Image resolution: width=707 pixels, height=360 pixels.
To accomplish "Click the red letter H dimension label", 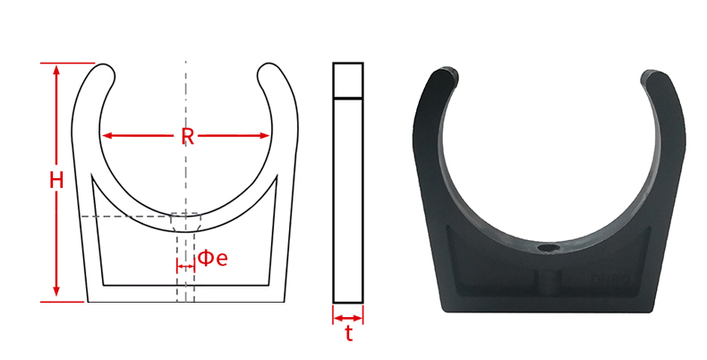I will pyautogui.click(x=56, y=180).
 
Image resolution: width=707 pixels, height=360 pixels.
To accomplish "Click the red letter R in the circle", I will pyautogui.click(x=187, y=137).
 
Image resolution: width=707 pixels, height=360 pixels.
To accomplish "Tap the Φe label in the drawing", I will pyautogui.click(x=213, y=258).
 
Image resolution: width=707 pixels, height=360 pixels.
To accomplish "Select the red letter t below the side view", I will pyautogui.click(x=348, y=335).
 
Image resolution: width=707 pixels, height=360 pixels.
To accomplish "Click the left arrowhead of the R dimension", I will pyautogui.click(x=106, y=136).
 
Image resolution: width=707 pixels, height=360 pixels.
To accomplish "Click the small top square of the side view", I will pyautogui.click(x=348, y=80).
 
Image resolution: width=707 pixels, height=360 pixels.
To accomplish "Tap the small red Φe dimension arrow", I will pyautogui.click(x=186, y=267).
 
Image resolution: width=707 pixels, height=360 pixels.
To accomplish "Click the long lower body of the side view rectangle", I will pyautogui.click(x=348, y=199).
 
